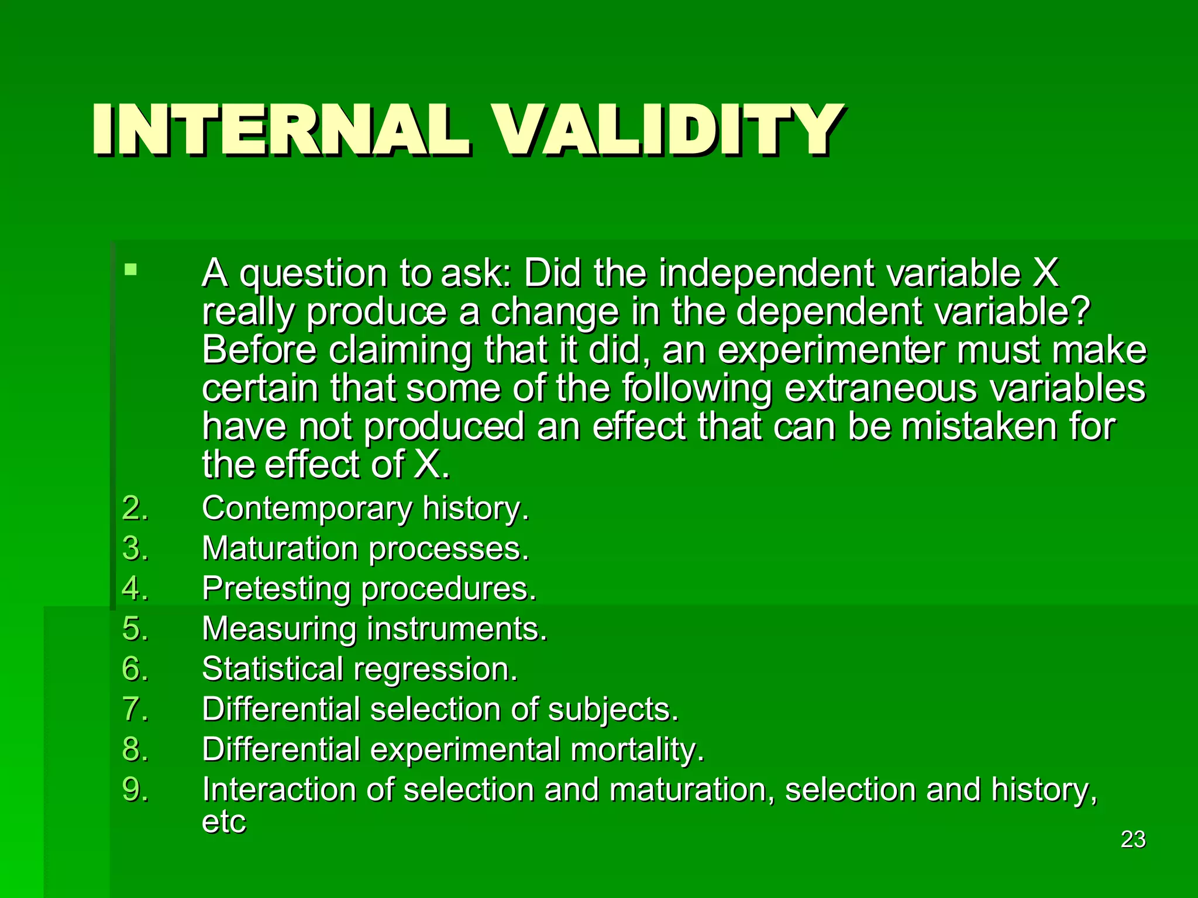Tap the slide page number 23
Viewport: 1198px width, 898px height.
pos(1132,840)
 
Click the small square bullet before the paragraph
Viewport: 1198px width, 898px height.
pos(130,270)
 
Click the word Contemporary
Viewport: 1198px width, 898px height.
pos(307,509)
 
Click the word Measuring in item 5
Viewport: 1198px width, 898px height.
pos(279,629)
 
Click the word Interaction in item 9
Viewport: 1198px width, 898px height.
pos(279,789)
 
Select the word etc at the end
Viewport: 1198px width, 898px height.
pos(223,822)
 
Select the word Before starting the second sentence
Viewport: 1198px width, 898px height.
pos(259,350)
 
